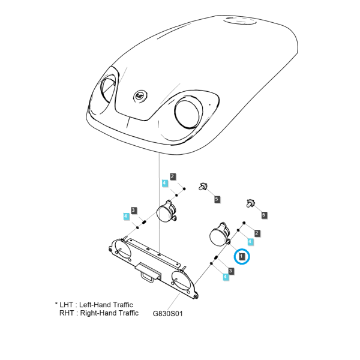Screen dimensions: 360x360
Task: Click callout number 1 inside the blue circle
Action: pos(242,256)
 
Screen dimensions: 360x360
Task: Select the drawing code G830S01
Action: pos(167,313)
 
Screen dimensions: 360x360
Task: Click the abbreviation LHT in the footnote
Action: pos(67,305)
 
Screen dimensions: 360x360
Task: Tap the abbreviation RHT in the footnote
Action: pos(67,313)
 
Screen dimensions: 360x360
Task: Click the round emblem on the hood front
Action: pos(140,96)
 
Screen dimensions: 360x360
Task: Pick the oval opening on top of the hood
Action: pos(240,21)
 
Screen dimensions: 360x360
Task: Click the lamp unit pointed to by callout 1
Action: pos(220,235)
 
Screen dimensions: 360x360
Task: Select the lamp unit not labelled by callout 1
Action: pos(166,211)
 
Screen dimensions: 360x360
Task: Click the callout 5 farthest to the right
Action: pos(264,215)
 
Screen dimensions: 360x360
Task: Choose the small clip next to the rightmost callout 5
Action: pos(250,203)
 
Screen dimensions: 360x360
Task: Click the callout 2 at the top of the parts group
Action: pos(173,177)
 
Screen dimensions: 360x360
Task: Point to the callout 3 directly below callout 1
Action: pos(231,271)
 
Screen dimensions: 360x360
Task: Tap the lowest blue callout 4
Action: pos(226,277)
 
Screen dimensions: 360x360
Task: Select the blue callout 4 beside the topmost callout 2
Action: pos(165,184)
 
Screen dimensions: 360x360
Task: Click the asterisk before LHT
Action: pos(56,304)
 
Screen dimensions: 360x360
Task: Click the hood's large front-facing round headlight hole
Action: pos(188,113)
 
